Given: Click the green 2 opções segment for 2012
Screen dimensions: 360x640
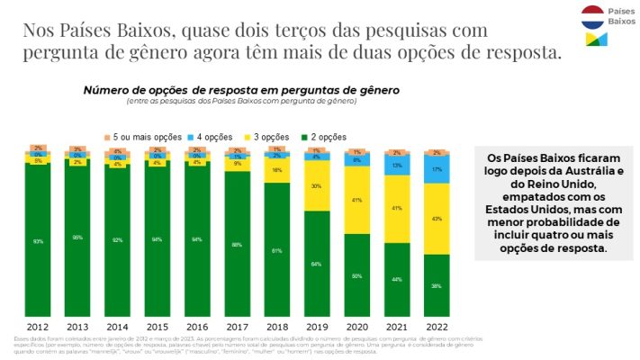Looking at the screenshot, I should pyautogui.click(x=38, y=240).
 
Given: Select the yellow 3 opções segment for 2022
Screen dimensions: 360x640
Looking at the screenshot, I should pyautogui.click(x=437, y=219).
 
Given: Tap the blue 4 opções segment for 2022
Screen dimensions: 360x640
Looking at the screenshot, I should pyautogui.click(x=437, y=168).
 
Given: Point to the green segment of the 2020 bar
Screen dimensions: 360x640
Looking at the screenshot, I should pyautogui.click(x=356, y=274).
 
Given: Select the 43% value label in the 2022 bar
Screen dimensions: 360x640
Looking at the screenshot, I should pyautogui.click(x=437, y=219).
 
